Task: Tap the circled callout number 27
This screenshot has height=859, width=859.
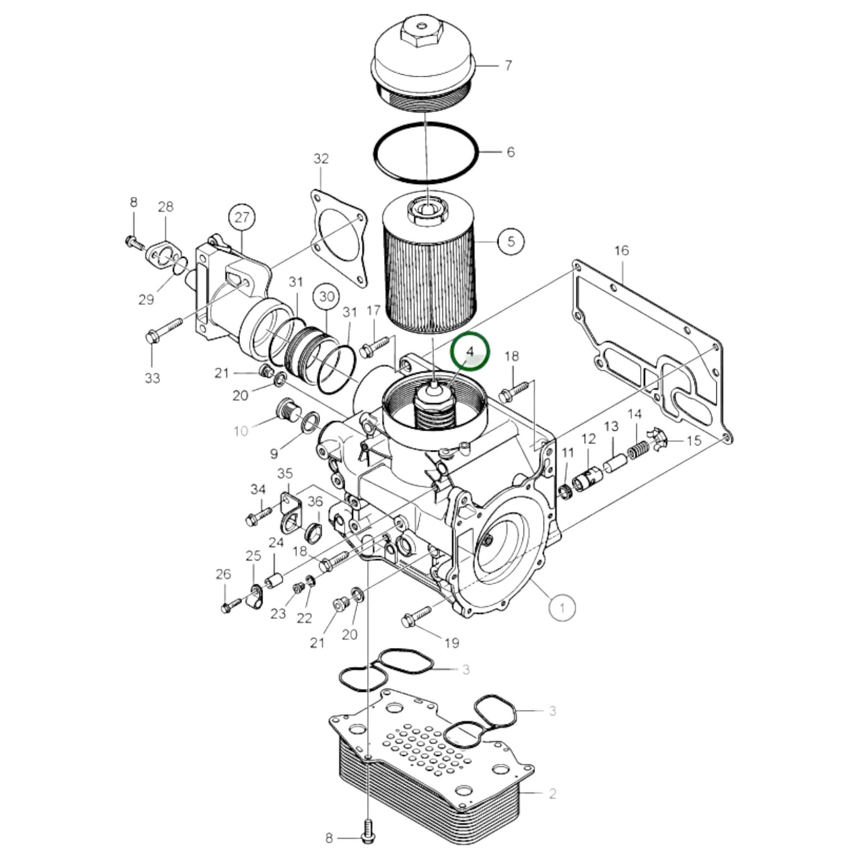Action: (x=242, y=218)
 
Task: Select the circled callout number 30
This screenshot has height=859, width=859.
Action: (x=328, y=297)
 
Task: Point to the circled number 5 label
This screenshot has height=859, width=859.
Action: (x=511, y=241)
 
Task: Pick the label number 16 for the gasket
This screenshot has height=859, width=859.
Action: (x=621, y=250)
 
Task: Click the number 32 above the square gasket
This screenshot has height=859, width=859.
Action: (x=321, y=159)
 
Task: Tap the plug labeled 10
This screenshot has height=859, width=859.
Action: (x=287, y=410)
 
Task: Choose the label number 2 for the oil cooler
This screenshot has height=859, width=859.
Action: (x=552, y=793)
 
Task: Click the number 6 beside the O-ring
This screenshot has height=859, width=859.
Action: (x=510, y=152)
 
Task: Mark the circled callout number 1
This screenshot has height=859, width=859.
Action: (x=562, y=607)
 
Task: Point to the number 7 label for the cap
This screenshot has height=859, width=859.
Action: (x=508, y=65)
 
